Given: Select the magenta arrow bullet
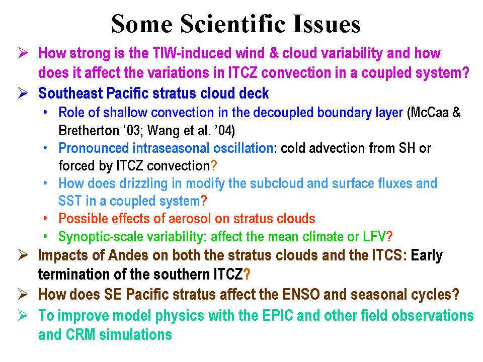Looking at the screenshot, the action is pyautogui.click(x=23, y=52).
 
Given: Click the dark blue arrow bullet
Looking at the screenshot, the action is pyautogui.click(x=23, y=93).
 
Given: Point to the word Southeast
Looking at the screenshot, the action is pyautogui.click(x=70, y=93).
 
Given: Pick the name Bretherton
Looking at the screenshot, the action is pyautogui.click(x=89, y=130).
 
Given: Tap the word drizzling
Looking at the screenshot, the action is pyautogui.click(x=143, y=184).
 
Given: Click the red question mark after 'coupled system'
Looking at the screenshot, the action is pyautogui.click(x=204, y=201).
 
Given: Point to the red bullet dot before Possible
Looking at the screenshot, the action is pyautogui.click(x=45, y=218).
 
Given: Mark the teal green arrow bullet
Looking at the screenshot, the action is pyautogui.click(x=23, y=315).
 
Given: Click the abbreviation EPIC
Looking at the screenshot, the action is pyautogui.click(x=278, y=316).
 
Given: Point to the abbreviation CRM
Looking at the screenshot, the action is pyautogui.click(x=80, y=335).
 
